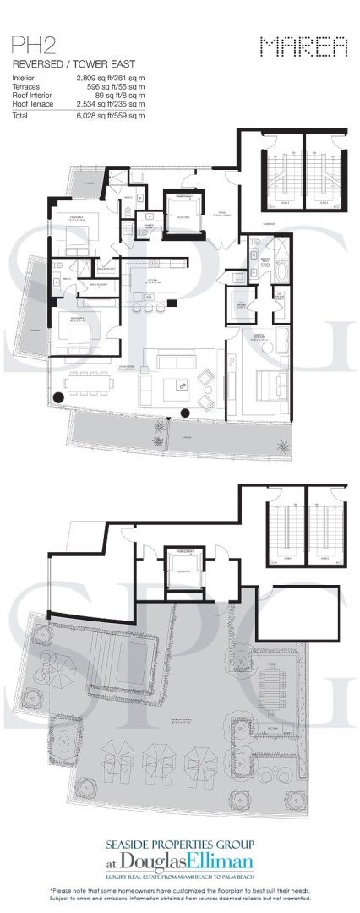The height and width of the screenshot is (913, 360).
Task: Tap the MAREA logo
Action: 303,47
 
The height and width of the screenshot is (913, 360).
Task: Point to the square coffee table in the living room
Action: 181,385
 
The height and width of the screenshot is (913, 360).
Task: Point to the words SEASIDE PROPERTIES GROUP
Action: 180,844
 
